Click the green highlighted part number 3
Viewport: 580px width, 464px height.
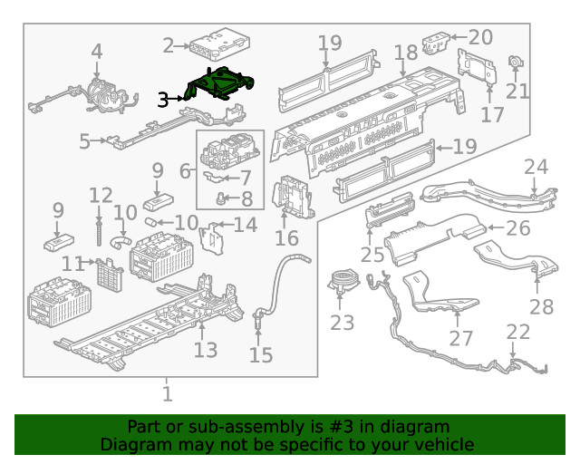click(220, 83)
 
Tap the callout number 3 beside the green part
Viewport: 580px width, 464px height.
click(163, 100)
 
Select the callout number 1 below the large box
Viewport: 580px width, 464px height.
click(168, 394)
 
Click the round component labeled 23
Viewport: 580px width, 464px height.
click(343, 279)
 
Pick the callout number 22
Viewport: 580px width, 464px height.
click(518, 333)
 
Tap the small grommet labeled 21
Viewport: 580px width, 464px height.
click(517, 63)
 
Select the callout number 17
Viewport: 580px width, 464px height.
click(492, 115)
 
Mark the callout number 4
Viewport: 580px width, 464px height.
click(96, 53)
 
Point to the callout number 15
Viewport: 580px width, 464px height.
click(260, 354)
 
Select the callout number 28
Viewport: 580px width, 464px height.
click(541, 307)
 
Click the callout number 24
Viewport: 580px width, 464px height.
click(536, 167)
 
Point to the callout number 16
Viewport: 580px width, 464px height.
click(286, 238)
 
